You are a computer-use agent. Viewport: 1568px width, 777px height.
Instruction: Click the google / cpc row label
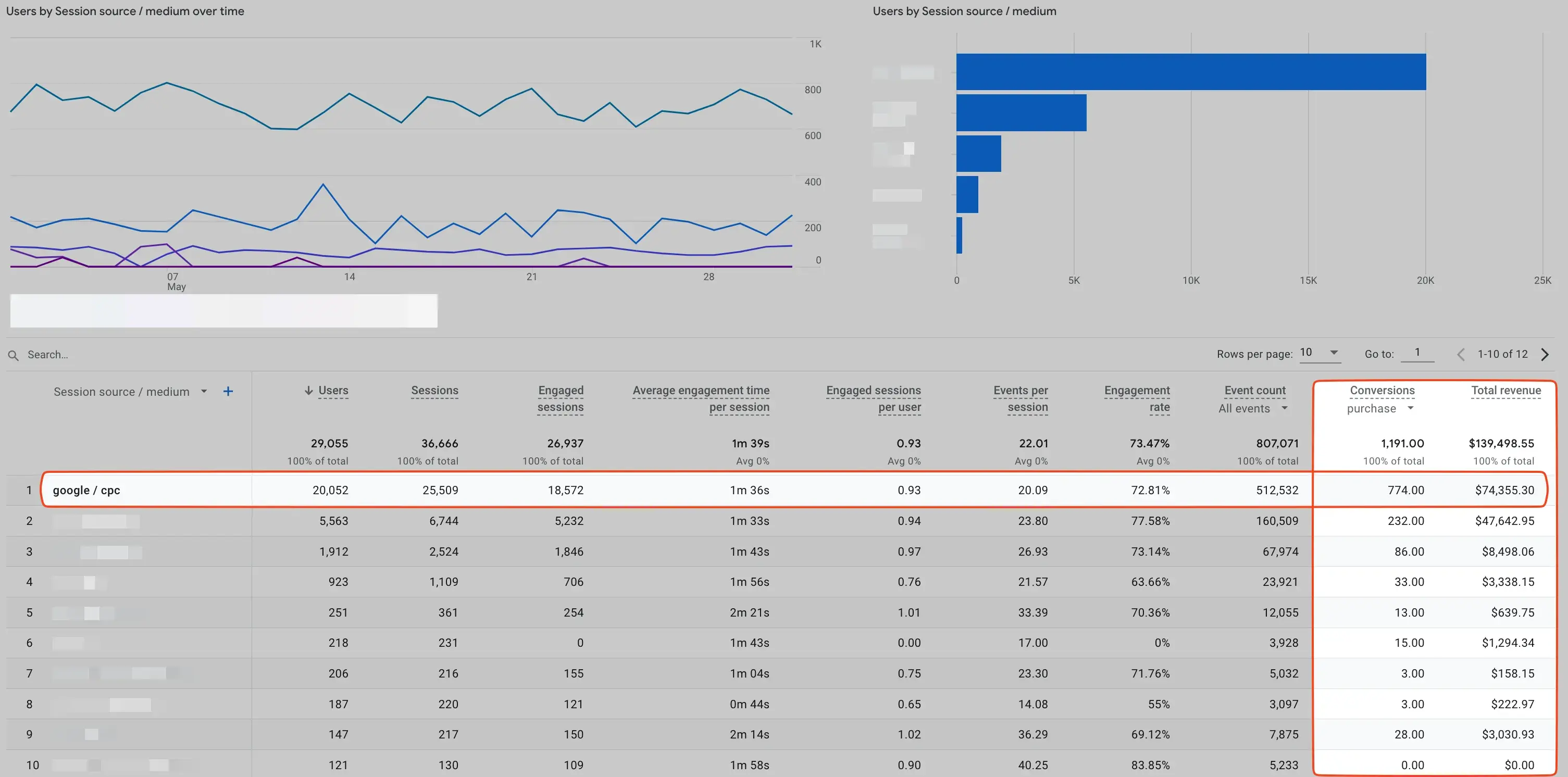[x=86, y=490]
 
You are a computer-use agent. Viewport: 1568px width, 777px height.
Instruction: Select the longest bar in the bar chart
[x=1191, y=72]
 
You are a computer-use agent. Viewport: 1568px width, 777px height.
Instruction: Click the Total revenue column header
[x=1505, y=391]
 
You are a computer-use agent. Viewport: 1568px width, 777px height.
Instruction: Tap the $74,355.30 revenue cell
[x=1504, y=490]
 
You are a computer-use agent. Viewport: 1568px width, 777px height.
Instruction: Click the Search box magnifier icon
[x=13, y=355]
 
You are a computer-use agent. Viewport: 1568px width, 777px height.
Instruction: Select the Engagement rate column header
[x=1137, y=398]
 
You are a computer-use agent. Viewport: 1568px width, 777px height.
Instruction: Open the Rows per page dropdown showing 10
[x=1319, y=353]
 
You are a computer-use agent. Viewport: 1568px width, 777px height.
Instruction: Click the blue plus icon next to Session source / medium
[x=228, y=391]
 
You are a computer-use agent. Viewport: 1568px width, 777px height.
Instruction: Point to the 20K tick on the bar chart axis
[x=1425, y=281]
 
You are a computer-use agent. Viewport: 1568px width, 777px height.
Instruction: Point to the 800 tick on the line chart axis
[x=813, y=90]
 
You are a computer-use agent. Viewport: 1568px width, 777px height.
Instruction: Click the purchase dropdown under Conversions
[x=1379, y=408]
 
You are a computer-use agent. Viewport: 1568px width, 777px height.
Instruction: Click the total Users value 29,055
[x=329, y=444]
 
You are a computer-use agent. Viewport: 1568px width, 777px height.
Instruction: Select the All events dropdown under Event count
[x=1253, y=408]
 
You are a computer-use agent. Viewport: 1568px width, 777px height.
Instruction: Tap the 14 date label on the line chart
[x=350, y=277]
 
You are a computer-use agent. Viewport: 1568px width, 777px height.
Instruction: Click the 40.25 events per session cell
[x=1032, y=765]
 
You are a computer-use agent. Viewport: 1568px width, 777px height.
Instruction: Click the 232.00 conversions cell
[x=1405, y=521]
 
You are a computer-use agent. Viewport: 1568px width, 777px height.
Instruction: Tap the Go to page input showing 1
[x=1417, y=353]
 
